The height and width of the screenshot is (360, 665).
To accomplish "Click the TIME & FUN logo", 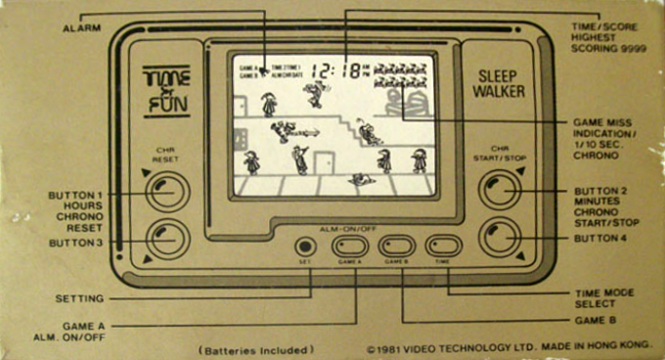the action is pyautogui.click(x=167, y=90).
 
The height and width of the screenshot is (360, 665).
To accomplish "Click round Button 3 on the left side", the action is pyautogui.click(x=167, y=237).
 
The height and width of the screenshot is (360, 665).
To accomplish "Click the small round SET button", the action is pyautogui.click(x=305, y=247).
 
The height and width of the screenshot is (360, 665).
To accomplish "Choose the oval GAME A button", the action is pyautogui.click(x=350, y=247).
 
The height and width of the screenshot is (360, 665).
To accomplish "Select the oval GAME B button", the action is pyautogui.click(x=397, y=247).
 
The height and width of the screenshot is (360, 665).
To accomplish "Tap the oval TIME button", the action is pyautogui.click(x=443, y=247).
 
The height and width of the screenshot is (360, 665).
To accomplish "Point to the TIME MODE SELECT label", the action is pyautogui.click(x=604, y=297).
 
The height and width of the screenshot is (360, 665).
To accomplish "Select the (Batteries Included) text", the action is pyautogui.click(x=256, y=349).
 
